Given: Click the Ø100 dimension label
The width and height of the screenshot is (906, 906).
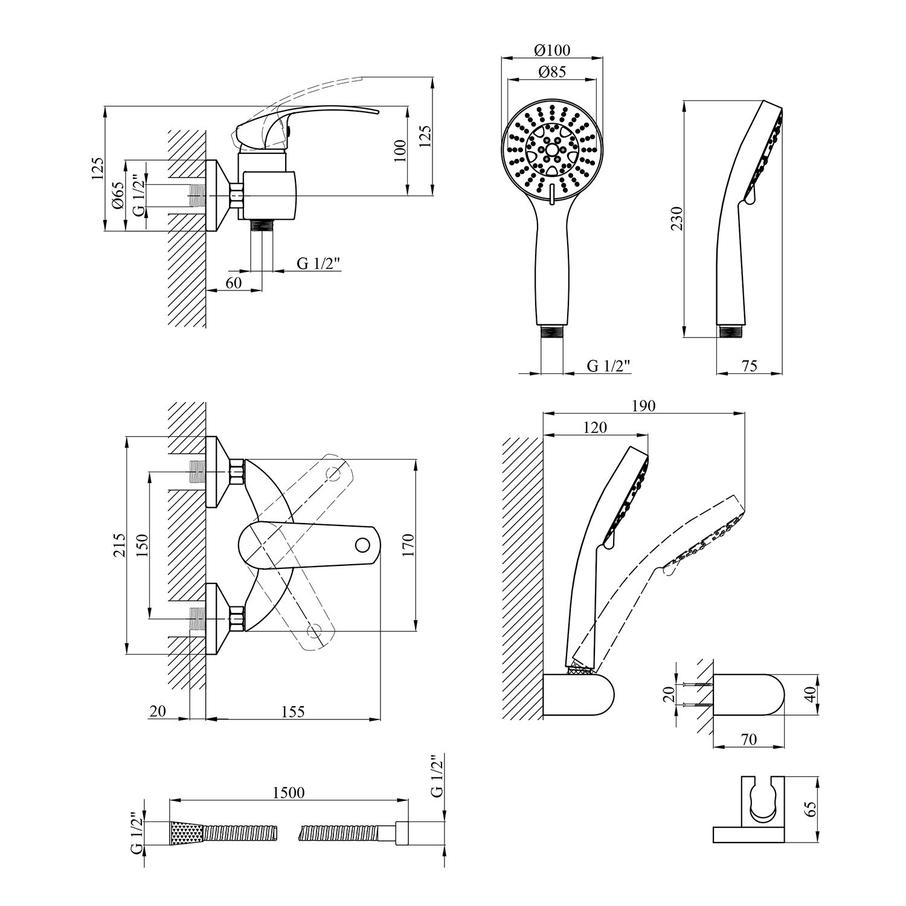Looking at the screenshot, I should pyautogui.click(x=552, y=50).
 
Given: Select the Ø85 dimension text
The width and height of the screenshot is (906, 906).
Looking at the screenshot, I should pyautogui.click(x=552, y=72).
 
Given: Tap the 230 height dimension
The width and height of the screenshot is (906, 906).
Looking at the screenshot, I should pyautogui.click(x=677, y=218).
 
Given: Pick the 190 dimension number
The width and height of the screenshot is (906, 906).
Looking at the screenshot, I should pyautogui.click(x=643, y=406).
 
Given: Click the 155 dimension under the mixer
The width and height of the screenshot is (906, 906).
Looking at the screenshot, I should pyautogui.click(x=293, y=712).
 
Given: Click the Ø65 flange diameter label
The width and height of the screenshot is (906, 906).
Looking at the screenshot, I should pyautogui.click(x=118, y=195).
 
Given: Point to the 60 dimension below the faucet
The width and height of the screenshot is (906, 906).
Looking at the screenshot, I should pyautogui.click(x=234, y=283).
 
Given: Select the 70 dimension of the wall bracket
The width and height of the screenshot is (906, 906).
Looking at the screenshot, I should pyautogui.click(x=748, y=739).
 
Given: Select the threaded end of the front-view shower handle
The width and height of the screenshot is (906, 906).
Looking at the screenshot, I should pyautogui.click(x=552, y=332).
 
